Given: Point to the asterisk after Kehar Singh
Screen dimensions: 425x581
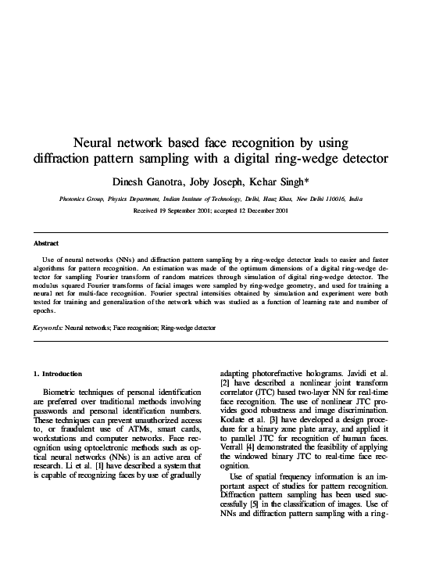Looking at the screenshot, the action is point(307,179).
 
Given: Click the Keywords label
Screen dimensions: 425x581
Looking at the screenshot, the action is point(48,327).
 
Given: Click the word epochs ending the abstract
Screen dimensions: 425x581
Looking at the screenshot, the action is point(44,311).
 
